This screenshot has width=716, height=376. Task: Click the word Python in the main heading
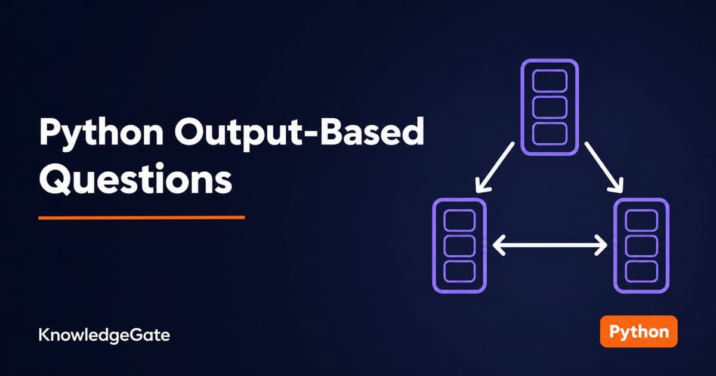[101, 134]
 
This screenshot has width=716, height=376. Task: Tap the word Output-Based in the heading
[299, 132]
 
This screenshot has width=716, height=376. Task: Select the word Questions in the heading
[135, 179]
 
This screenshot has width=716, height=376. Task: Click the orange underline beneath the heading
[141, 218]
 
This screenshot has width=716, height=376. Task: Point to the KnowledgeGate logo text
[104, 335]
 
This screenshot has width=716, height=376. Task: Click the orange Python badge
[638, 331]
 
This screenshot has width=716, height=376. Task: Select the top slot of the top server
[550, 81]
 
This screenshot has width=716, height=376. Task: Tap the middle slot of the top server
[550, 107]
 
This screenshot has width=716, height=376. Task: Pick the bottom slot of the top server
[550, 134]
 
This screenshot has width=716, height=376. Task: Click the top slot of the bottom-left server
[459, 220]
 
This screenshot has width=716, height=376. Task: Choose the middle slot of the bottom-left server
[459, 245]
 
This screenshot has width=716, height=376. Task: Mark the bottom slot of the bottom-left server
[459, 271]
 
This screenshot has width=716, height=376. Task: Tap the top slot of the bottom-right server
[641, 220]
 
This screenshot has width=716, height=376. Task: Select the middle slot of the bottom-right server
[641, 245]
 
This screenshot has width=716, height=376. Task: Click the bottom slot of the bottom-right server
[641, 271]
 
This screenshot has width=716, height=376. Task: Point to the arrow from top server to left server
[495, 168]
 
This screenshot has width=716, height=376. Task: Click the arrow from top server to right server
[604, 168]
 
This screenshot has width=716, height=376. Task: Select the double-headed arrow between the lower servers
[550, 245]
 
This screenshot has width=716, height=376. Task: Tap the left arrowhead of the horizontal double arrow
[499, 245]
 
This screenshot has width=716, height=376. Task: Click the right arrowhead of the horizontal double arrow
[601, 245]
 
